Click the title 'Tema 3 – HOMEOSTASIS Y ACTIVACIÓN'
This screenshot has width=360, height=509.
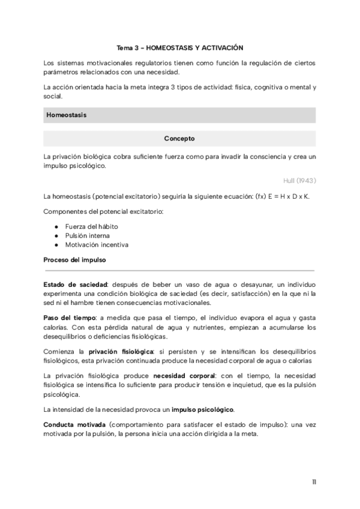tap(179, 47)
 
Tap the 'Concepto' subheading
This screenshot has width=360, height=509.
tap(179, 139)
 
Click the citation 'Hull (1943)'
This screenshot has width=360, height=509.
tap(301, 180)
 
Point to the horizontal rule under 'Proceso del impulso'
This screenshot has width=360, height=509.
tap(179, 271)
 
